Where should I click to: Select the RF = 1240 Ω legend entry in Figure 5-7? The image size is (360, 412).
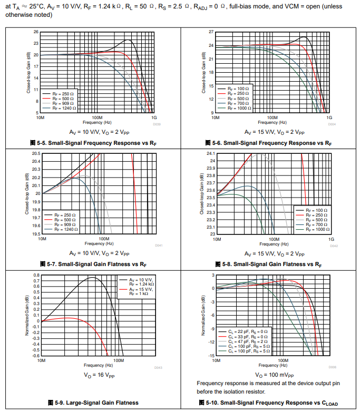pos(66,230)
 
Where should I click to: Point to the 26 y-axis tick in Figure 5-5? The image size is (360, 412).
pos(36,32)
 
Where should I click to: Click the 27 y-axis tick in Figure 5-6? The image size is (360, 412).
pos(211,32)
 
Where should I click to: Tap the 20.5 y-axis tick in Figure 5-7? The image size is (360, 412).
pos(36,153)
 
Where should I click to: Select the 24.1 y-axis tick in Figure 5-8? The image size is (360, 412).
pos(210,153)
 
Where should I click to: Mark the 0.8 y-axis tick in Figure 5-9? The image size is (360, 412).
pos(36,275)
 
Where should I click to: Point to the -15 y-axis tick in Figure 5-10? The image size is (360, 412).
pos(210,356)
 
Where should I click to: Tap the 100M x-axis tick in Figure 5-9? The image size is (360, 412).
pos(119,360)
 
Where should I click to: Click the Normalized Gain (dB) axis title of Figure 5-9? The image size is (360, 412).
pos(26,315)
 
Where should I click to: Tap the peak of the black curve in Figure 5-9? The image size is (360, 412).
pos(92,277)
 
